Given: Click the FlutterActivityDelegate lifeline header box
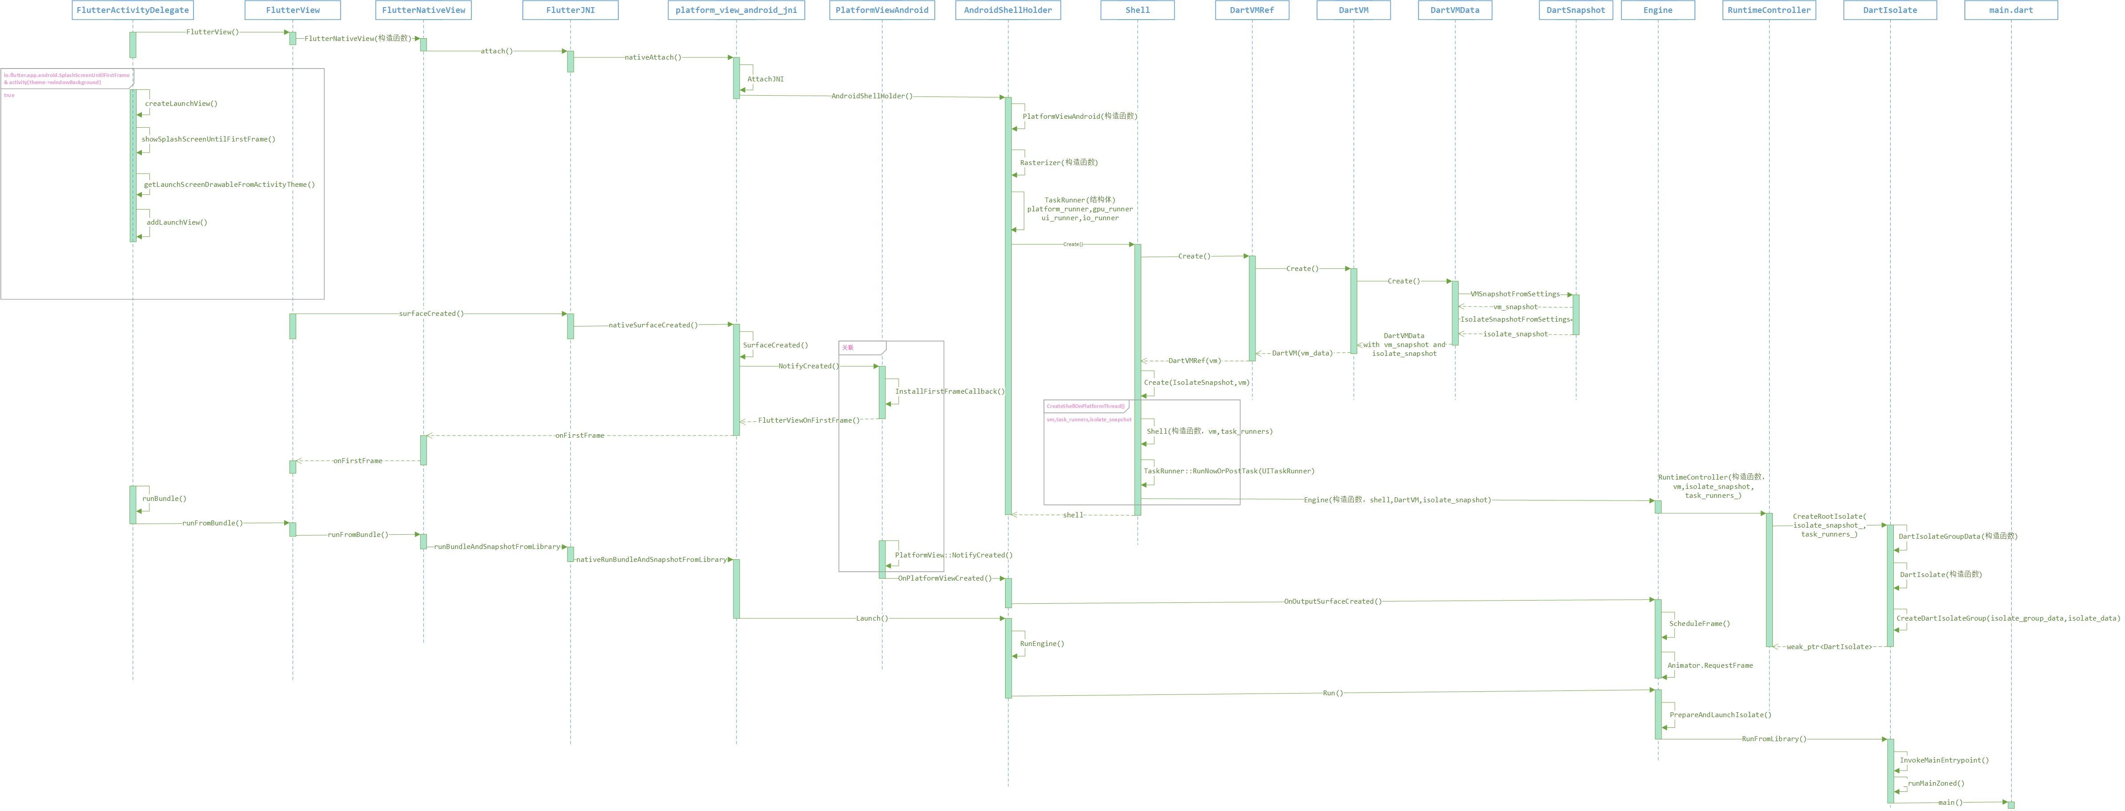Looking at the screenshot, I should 133,10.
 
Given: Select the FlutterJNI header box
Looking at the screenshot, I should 570,10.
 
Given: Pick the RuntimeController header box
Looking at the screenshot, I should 1769,10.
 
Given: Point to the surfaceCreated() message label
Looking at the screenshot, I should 431,314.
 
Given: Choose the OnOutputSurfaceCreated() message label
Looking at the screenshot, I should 1332,601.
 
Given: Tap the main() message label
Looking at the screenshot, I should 1950,803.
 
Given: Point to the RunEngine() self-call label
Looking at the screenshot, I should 1042,644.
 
